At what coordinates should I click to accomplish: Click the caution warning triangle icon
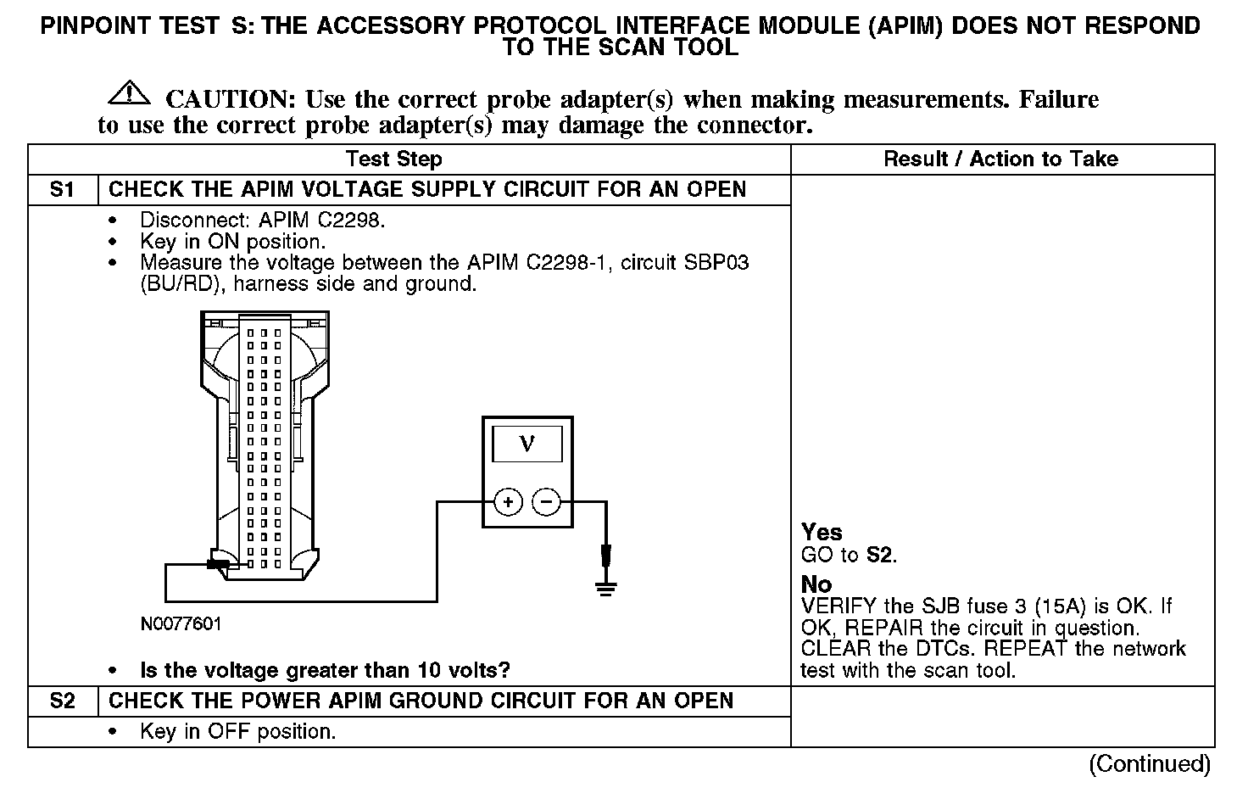129,92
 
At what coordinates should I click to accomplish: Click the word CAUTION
230,100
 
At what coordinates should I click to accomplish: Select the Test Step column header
393,159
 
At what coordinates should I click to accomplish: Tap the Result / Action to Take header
1000,159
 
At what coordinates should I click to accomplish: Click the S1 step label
62,189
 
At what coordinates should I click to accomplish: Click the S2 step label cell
62,701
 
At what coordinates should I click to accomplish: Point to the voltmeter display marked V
526,444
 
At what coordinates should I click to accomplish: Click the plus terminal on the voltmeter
508,502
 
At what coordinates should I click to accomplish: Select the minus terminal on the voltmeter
546,502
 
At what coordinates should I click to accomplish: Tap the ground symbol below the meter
604,585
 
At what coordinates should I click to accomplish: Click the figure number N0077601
181,625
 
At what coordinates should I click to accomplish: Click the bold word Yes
822,533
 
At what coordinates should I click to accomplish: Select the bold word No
816,584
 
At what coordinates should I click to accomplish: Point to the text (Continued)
1149,764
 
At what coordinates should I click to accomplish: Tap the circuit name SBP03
717,263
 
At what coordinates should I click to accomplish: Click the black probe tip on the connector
218,563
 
